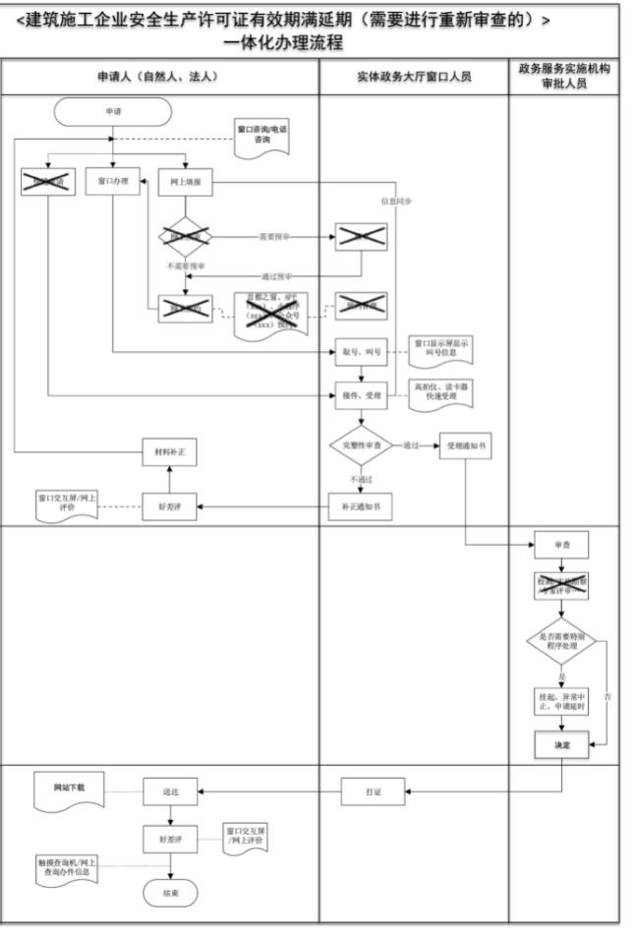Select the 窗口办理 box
(113, 182)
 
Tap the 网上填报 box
(186, 182)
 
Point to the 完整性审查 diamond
(360, 444)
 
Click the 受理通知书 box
(465, 444)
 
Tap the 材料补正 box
(169, 453)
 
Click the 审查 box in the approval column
(561, 544)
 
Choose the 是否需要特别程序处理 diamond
(561, 644)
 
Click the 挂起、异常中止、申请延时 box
(561, 701)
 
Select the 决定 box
(561, 746)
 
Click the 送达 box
(171, 790)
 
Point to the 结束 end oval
(170, 892)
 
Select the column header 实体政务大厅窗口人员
(414, 76)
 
